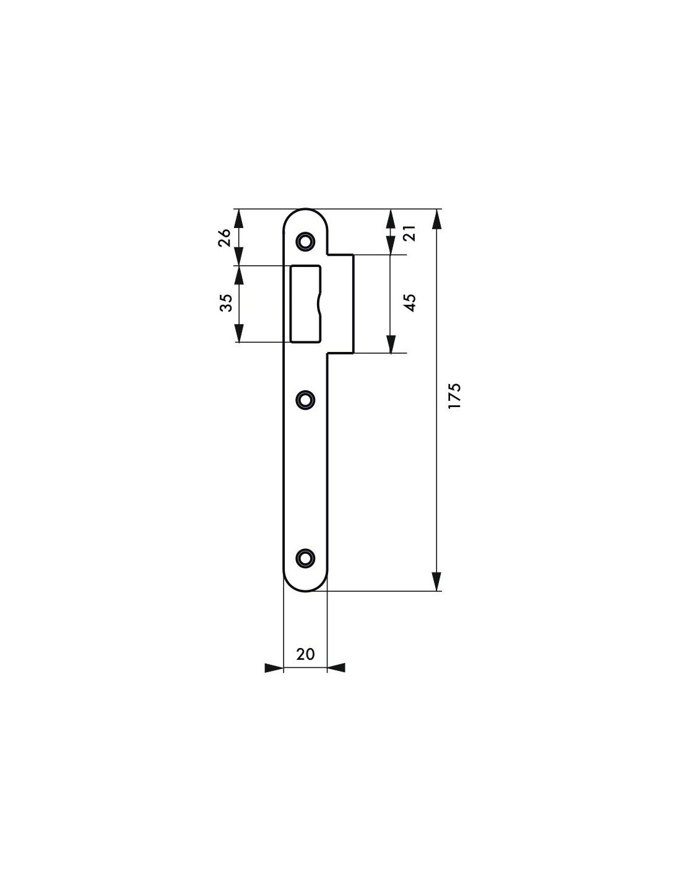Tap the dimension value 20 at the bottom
coord(305,654)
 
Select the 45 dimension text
coord(411,302)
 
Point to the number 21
coord(411,233)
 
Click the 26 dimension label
coord(225,237)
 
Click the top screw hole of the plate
coord(305,241)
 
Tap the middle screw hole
coord(305,400)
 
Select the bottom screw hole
coord(305,558)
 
